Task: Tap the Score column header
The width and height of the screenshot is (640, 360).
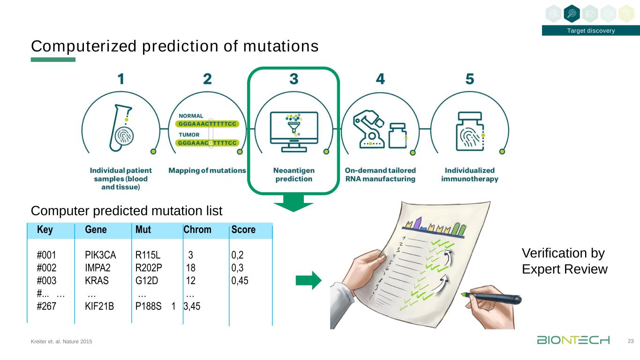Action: click(243, 230)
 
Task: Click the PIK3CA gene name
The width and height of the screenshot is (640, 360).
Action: click(100, 255)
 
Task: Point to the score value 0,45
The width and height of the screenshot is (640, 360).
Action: click(240, 281)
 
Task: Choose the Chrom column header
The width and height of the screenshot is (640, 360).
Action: click(197, 230)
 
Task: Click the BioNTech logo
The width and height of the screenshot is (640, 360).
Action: click(573, 340)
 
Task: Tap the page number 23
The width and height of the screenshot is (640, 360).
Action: click(631, 341)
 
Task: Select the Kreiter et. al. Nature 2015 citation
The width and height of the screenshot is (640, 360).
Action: click(61, 342)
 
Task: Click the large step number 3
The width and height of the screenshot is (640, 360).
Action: click(294, 79)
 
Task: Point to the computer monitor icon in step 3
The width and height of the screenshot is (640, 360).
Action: click(294, 131)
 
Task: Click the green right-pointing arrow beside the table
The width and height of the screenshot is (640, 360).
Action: click(309, 280)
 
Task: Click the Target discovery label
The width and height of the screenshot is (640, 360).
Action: click(591, 31)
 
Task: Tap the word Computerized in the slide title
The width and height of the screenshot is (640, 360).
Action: click(75, 46)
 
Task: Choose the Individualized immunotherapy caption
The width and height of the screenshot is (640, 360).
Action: click(469, 174)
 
